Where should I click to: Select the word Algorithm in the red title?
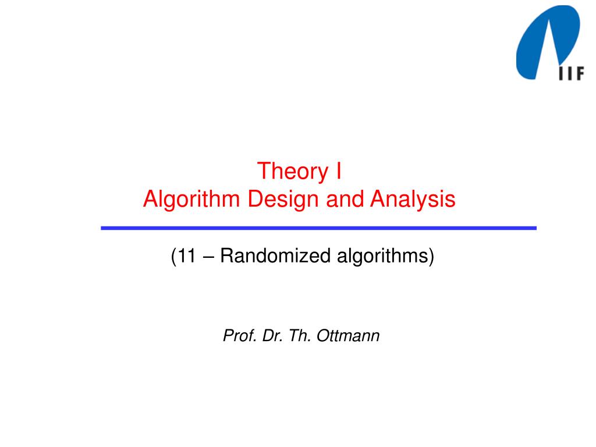tap(184, 200)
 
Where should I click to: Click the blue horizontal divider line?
tap(318, 228)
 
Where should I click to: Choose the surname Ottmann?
tap(347, 335)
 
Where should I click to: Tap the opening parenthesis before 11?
tap(174, 256)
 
